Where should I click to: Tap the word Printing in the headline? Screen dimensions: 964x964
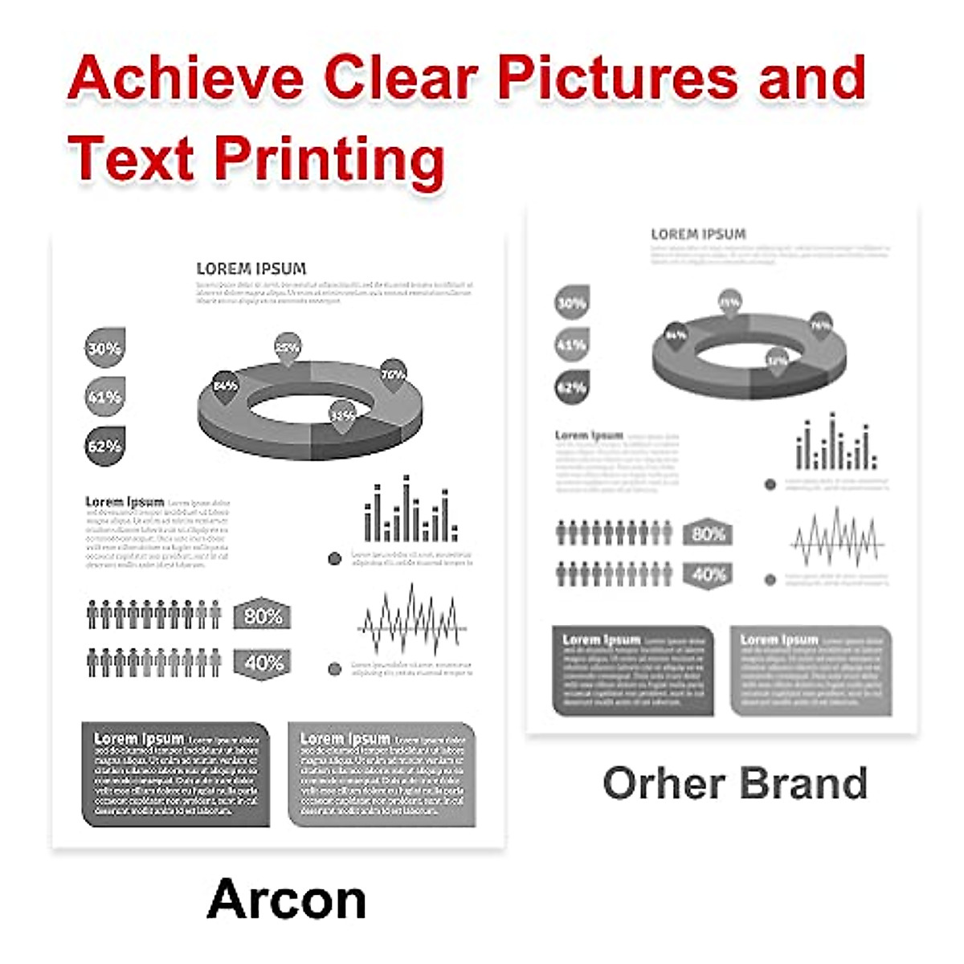pyautogui.click(x=329, y=158)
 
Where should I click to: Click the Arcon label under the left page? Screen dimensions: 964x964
pyautogui.click(x=287, y=900)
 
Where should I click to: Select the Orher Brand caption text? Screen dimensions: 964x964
pyautogui.click(x=735, y=783)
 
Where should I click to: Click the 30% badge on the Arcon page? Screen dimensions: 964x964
pyautogui.click(x=104, y=348)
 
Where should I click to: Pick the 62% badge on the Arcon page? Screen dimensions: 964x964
pyautogui.click(x=104, y=446)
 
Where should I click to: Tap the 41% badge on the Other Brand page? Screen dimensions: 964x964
pyautogui.click(x=572, y=345)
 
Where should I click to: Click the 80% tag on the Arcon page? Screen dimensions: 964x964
pyautogui.click(x=263, y=616)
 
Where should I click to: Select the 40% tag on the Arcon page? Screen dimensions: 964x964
pyautogui.click(x=263, y=663)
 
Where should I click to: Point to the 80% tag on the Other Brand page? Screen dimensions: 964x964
pyautogui.click(x=708, y=533)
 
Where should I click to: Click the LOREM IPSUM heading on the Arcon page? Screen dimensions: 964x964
pyautogui.click(x=251, y=269)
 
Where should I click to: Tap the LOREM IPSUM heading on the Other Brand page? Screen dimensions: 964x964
pyautogui.click(x=698, y=235)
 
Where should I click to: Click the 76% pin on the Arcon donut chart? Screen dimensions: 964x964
pyautogui.click(x=393, y=374)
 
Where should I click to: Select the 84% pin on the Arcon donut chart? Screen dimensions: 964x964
pyautogui.click(x=225, y=386)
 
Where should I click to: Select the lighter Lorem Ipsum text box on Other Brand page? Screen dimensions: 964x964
pyautogui.click(x=811, y=671)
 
